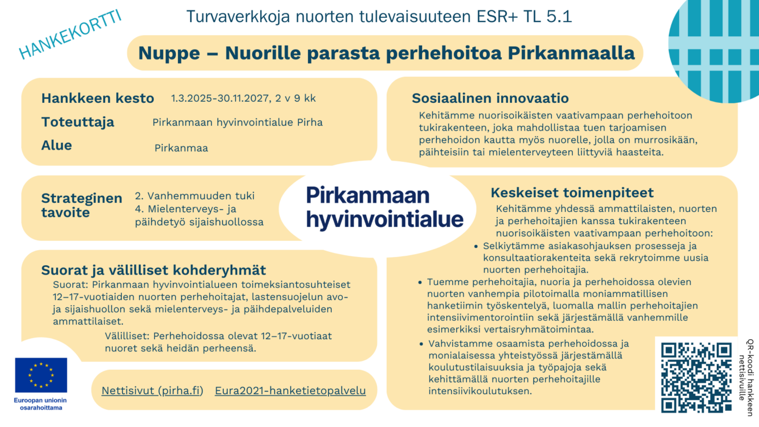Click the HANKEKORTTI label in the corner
70,34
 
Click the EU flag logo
41,375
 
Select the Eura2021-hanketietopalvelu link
290,390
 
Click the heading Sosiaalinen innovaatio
490,98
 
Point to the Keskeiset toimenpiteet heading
572,192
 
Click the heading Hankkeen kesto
97,98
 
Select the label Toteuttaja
77,122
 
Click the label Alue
57,145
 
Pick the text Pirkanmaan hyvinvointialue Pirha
237,122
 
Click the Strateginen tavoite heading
81,205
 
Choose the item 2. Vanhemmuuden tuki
194,196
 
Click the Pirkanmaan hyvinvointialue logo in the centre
384,207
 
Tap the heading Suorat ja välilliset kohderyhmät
153,270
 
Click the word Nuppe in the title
169,53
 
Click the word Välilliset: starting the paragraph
127,336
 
